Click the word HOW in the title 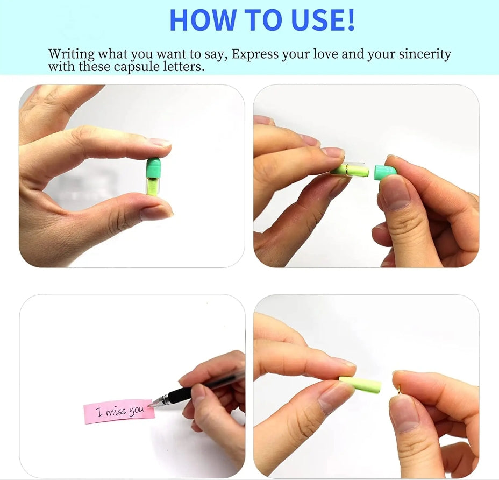(202, 20)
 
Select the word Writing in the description (72, 54)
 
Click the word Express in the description (254, 54)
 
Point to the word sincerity (425, 54)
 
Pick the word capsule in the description (137, 67)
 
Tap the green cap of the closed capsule (153, 168)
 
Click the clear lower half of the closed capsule (153, 186)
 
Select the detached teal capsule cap (386, 172)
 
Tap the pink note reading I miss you (119, 412)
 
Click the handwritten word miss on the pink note (116, 412)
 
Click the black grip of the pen (180, 396)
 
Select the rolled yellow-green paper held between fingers (360, 383)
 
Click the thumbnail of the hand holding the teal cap (395, 192)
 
